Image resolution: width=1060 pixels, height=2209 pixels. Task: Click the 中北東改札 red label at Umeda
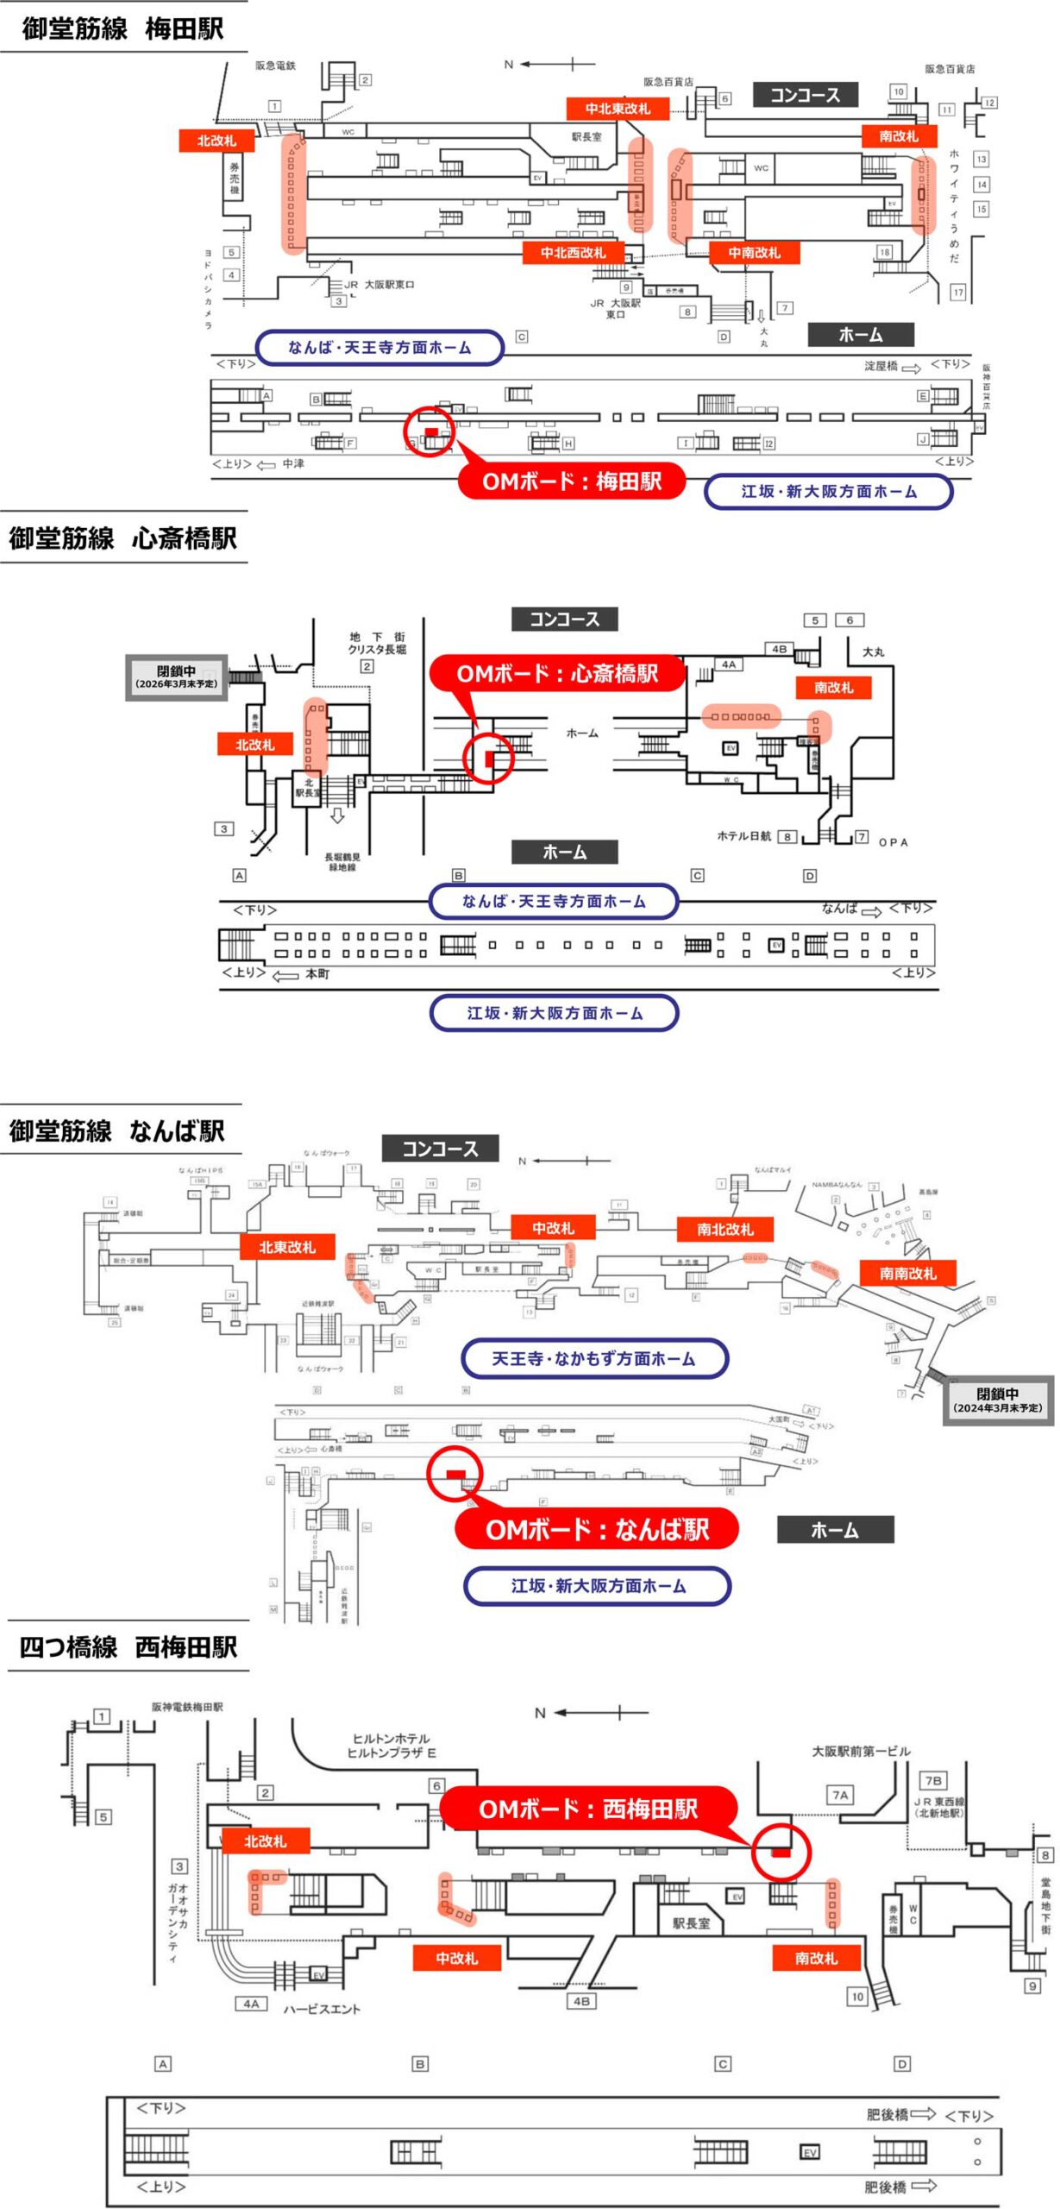pyautogui.click(x=617, y=109)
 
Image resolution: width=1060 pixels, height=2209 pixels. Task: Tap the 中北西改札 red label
pyautogui.click(x=573, y=253)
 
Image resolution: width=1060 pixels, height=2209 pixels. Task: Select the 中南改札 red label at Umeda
pyautogui.click(x=753, y=253)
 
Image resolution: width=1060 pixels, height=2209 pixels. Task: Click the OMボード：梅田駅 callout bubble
pyautogui.click(x=571, y=481)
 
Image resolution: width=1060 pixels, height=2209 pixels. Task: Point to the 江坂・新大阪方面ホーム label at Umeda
pyautogui.click(x=828, y=491)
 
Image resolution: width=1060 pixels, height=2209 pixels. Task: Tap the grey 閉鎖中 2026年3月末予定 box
pyautogui.click(x=177, y=677)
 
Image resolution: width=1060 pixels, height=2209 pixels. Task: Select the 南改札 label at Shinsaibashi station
pyautogui.click(x=832, y=688)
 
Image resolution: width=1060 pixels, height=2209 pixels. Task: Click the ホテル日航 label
pyautogui.click(x=743, y=836)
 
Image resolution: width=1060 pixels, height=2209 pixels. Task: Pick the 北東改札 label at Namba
pyautogui.click(x=287, y=1247)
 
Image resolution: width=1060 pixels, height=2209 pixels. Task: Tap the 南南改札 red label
pyautogui.click(x=907, y=1273)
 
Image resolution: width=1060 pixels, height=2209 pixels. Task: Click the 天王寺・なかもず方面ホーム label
pyautogui.click(x=593, y=1358)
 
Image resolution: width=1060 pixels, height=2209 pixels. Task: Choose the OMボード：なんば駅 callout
pyautogui.click(x=597, y=1529)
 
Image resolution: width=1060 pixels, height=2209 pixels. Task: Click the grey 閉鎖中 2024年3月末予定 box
pyautogui.click(x=997, y=1400)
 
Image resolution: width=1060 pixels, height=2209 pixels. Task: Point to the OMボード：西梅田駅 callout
pyautogui.click(x=588, y=1808)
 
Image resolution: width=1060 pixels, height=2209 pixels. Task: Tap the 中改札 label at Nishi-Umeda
pyautogui.click(x=456, y=1958)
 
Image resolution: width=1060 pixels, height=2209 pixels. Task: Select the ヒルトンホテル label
pyautogui.click(x=391, y=1739)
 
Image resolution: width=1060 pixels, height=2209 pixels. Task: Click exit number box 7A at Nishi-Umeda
pyautogui.click(x=839, y=1795)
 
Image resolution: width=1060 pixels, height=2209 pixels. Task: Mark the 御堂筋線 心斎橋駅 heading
pyautogui.click(x=122, y=538)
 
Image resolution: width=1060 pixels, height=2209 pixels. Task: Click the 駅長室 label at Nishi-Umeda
pyautogui.click(x=691, y=1923)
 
